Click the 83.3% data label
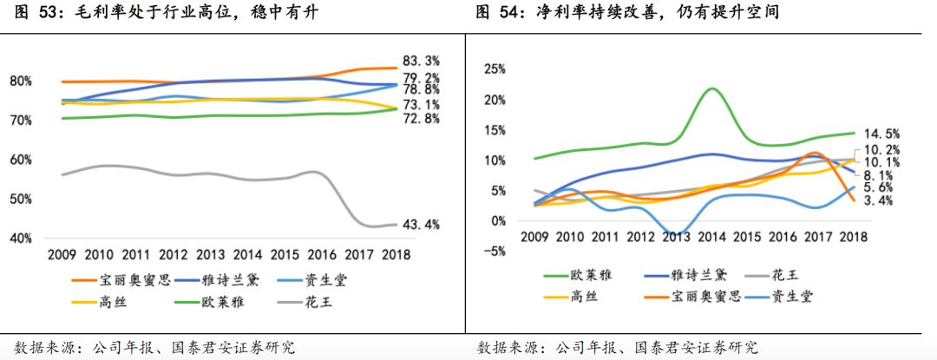(x=421, y=61)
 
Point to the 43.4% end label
(x=421, y=225)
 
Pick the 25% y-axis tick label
(x=495, y=69)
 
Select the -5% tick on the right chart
(x=495, y=252)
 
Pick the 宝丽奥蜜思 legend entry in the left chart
(x=122, y=281)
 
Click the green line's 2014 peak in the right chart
(x=711, y=88)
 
